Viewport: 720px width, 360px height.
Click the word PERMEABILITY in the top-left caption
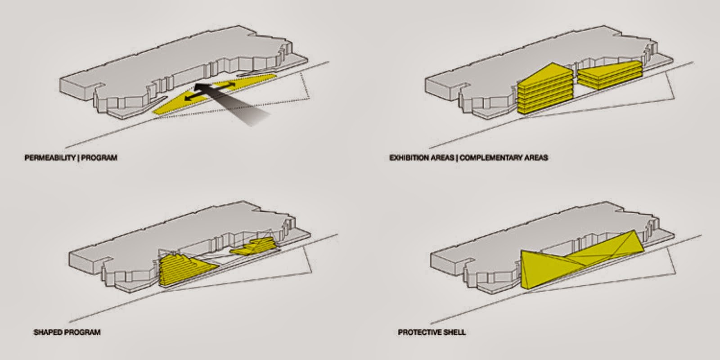pos(50,158)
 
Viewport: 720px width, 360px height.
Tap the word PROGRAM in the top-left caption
pos(99,158)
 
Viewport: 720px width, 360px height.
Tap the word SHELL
pos(454,332)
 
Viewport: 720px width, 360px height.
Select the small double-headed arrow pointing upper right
pos(224,86)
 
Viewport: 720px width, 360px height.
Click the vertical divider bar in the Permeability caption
pos(78,158)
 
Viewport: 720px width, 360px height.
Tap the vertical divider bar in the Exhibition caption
pos(457,158)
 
